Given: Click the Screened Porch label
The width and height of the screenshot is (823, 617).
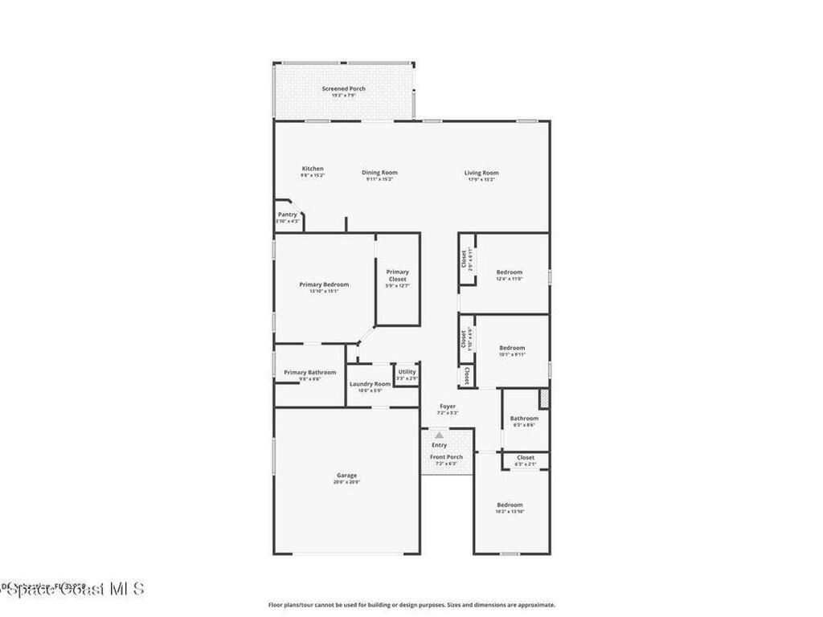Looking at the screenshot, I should tap(343, 88).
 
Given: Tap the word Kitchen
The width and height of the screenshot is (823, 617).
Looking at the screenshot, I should tap(313, 169).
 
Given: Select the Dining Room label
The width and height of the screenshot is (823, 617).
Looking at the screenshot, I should tap(379, 173).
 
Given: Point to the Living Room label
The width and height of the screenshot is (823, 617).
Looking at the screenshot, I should tap(481, 173).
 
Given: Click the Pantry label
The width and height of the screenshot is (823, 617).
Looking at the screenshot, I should tap(287, 215).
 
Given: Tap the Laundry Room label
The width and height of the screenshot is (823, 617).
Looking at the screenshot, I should tap(370, 384).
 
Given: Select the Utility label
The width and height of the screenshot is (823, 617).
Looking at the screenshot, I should tap(407, 372).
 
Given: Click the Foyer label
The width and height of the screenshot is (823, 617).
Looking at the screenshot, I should tap(448, 407).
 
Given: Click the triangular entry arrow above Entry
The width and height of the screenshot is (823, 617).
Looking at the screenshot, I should tap(439, 435).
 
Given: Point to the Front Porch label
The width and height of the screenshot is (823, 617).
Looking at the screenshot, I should tap(446, 457).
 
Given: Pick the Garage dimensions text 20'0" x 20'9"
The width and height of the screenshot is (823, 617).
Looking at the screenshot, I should tap(346, 482).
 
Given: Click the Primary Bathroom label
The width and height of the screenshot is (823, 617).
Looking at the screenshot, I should tap(309, 373).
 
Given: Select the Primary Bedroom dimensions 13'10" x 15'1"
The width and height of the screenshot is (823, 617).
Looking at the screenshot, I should tap(324, 292).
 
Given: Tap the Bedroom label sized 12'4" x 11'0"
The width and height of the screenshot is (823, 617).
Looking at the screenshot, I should tap(509, 272).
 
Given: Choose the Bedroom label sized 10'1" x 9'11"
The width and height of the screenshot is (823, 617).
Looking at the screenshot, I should tap(512, 348).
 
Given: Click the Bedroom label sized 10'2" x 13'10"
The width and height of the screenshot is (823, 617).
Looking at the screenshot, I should tap(509, 505).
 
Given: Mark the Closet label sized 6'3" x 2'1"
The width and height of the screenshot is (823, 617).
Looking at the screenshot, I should tap(525, 458).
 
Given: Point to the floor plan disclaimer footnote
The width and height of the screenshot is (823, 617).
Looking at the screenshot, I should tap(411, 605).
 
